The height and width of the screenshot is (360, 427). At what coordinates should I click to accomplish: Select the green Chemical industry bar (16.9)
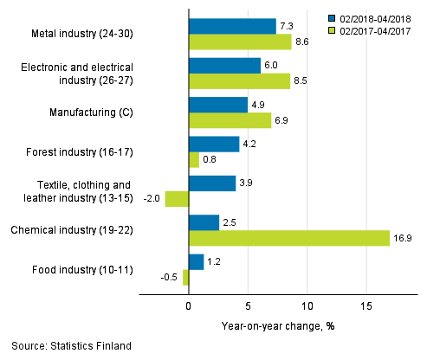click(x=288, y=238)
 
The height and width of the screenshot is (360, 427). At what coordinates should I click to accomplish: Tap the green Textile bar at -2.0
click(x=177, y=199)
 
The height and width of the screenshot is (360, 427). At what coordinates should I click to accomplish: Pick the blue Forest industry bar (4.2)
click(x=213, y=144)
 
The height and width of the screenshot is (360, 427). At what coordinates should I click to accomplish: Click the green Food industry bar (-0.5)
click(x=185, y=277)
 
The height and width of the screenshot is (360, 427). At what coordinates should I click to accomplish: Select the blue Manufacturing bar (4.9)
click(x=217, y=105)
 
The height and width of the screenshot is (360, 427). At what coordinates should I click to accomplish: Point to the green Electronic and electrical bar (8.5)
click(x=239, y=81)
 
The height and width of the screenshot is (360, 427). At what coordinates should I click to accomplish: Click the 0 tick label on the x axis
click(x=188, y=306)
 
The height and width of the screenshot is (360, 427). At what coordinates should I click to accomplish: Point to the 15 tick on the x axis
click(x=366, y=306)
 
